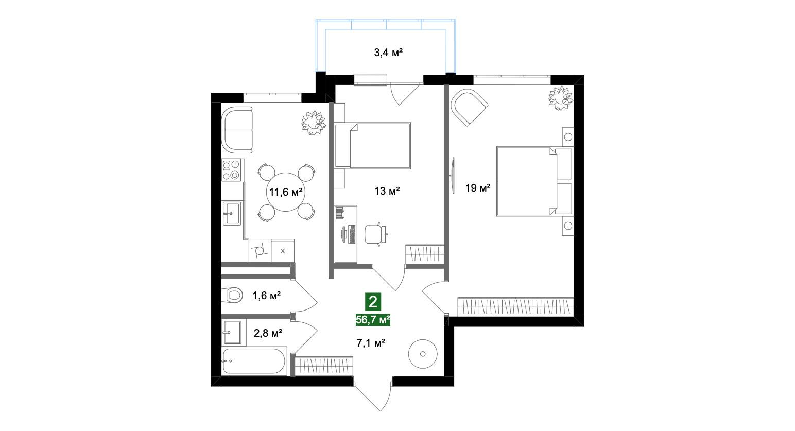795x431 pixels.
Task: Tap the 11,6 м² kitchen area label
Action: [285, 192]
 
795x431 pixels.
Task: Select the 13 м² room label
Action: [387, 192]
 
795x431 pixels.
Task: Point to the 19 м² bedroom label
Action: [477, 188]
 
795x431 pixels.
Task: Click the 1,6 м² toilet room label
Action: [266, 296]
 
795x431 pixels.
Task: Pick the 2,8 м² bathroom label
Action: [268, 333]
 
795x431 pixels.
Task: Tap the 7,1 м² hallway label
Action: [371, 342]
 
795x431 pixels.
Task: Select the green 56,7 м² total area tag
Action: [373, 320]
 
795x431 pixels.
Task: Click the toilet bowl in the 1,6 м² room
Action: [233, 296]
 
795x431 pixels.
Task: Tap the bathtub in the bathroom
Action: [254, 361]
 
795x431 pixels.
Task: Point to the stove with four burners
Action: [232, 170]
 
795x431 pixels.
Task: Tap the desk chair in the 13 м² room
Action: [375, 234]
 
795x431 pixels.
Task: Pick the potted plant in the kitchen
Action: [313, 123]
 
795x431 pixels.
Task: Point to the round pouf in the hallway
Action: [423, 354]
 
